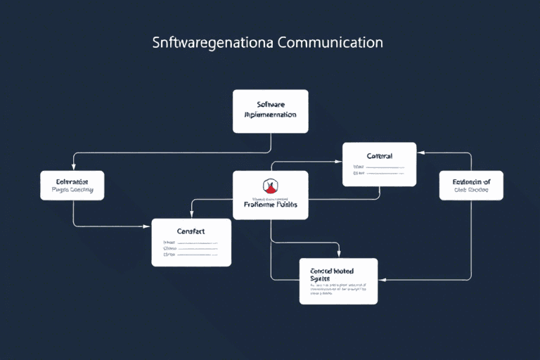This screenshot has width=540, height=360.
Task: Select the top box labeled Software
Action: [270, 111]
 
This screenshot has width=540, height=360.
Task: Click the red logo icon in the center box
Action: [270, 187]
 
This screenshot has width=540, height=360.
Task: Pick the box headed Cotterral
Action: [379, 165]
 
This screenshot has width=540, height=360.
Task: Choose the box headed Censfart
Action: [191, 243]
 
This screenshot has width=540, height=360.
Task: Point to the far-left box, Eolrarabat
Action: [72, 185]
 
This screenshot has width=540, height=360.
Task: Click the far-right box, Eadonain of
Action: [470, 185]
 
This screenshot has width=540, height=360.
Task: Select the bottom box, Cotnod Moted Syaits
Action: [338, 281]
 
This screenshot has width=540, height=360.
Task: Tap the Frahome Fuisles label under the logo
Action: [270, 205]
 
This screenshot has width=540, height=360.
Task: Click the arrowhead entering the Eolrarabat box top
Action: [73, 169]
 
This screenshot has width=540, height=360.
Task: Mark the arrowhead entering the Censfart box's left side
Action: [149, 226]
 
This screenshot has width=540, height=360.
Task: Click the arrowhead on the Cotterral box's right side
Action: [419, 153]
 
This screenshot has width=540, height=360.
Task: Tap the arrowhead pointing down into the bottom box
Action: [339, 255]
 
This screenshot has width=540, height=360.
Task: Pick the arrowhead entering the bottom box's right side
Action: [380, 280]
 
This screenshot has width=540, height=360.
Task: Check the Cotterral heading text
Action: [379, 155]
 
